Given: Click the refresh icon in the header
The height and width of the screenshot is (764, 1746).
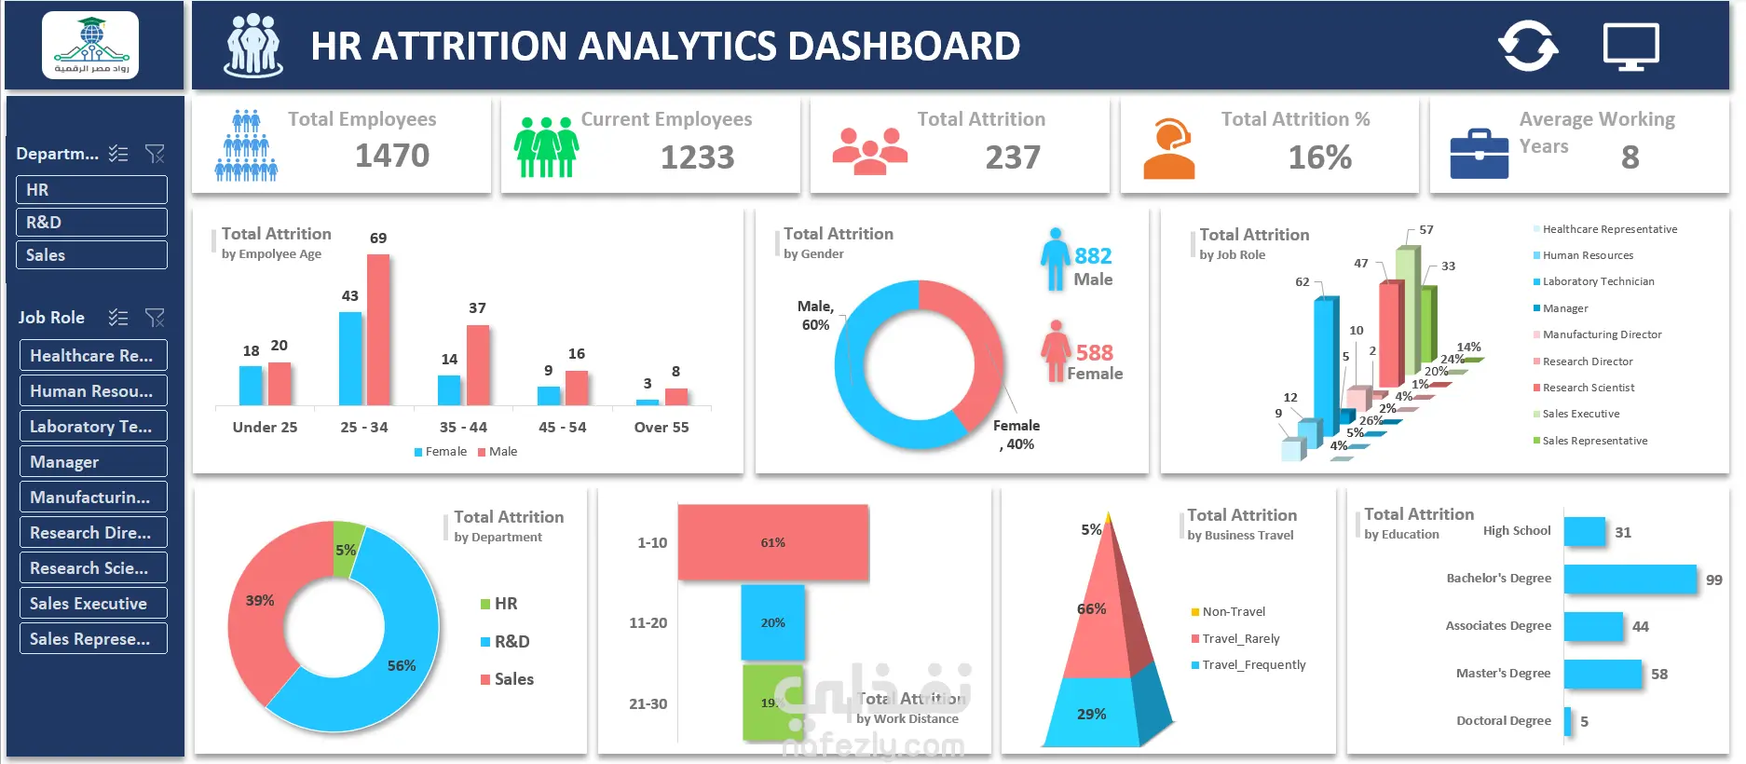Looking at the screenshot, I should pyautogui.click(x=1527, y=46).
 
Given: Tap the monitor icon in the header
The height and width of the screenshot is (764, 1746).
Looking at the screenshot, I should pyautogui.click(x=1630, y=47).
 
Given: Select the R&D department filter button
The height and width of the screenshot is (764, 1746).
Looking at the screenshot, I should pyautogui.click(x=91, y=223).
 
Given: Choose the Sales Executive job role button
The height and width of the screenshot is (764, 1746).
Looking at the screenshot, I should pyautogui.click(x=93, y=604).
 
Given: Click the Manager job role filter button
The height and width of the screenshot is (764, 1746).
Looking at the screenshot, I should pyautogui.click(x=93, y=462).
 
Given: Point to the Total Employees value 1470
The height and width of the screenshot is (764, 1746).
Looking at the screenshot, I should pyautogui.click(x=392, y=156).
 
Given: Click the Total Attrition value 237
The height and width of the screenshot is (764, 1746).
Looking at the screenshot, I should pyautogui.click(x=1013, y=157).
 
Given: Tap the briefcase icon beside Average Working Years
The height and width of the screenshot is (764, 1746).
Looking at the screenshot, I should pyautogui.click(x=1479, y=154).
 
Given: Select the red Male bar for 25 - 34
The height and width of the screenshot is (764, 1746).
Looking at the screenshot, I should pyautogui.click(x=378, y=330).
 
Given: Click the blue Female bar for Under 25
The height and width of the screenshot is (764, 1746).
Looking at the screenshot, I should pyautogui.click(x=251, y=385).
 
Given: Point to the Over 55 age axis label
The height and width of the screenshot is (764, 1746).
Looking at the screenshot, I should pyautogui.click(x=662, y=428).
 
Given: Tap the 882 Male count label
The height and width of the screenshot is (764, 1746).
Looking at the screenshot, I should pyautogui.click(x=1093, y=256).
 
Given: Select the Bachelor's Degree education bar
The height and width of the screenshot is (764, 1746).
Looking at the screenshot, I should pyautogui.click(x=1630, y=580).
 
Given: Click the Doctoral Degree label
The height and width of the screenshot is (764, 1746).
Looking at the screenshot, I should pyautogui.click(x=1503, y=721).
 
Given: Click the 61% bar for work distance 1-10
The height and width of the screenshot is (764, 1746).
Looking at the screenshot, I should pyautogui.click(x=772, y=543).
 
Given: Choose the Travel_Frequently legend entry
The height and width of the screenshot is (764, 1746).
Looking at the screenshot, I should pyautogui.click(x=1253, y=665).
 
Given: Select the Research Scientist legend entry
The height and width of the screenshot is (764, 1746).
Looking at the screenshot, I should pyautogui.click(x=1588, y=388).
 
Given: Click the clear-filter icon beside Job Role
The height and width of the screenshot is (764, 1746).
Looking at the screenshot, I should pyautogui.click(x=155, y=318).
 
